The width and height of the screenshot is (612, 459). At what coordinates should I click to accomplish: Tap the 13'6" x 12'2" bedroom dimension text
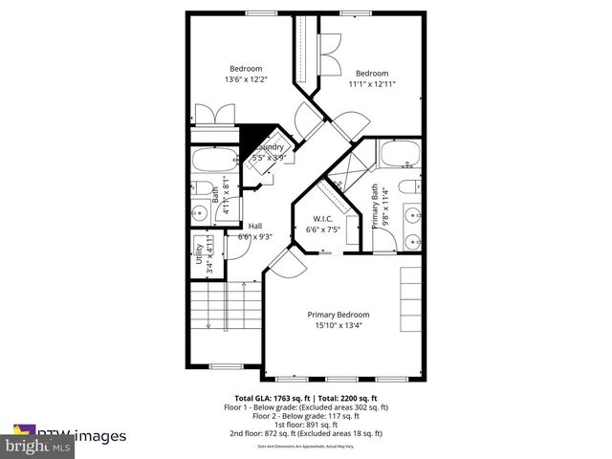(246, 80)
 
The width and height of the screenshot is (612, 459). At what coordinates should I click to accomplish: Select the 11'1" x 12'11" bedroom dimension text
(373, 84)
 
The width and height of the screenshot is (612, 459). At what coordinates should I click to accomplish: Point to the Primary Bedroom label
(338, 315)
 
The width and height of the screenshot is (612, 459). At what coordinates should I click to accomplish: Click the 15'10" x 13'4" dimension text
(338, 325)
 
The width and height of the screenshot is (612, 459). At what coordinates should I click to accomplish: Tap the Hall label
(255, 226)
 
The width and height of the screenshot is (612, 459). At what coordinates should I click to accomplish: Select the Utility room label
(211, 256)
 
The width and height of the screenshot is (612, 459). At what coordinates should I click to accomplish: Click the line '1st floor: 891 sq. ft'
(306, 425)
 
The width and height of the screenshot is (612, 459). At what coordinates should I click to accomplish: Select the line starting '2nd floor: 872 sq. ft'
(306, 433)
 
